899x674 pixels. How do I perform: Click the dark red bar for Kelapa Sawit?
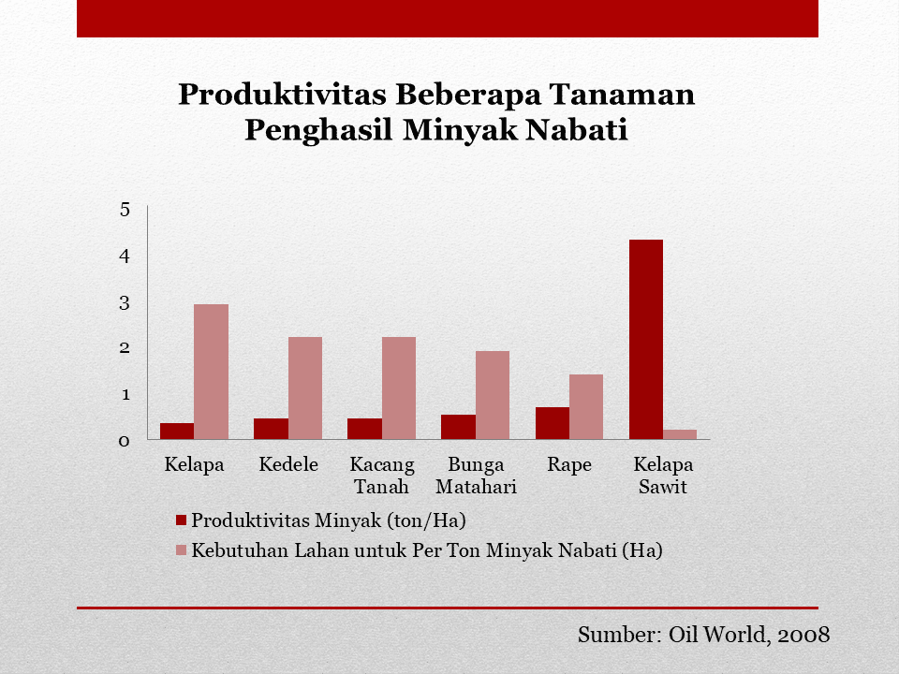(x=645, y=339)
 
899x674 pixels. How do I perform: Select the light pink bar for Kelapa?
(x=211, y=372)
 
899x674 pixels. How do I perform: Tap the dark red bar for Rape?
(x=553, y=423)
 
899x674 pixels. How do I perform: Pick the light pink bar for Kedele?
(x=305, y=388)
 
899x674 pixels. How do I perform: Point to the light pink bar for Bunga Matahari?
(x=493, y=395)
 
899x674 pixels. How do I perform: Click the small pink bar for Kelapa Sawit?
(x=680, y=434)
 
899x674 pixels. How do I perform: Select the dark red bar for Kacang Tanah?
(x=364, y=429)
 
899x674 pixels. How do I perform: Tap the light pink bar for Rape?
(x=586, y=407)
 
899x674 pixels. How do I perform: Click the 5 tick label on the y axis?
(x=125, y=210)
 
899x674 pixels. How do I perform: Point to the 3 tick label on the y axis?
(x=125, y=302)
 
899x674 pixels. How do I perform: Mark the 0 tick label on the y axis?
(x=125, y=441)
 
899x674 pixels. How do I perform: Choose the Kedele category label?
(x=288, y=463)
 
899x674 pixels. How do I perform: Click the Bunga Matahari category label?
(x=476, y=476)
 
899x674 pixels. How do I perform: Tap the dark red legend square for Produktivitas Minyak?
(x=181, y=520)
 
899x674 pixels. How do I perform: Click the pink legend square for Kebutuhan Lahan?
(x=181, y=550)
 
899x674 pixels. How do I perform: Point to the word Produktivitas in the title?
(x=282, y=94)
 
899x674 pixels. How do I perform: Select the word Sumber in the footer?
(x=620, y=635)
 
